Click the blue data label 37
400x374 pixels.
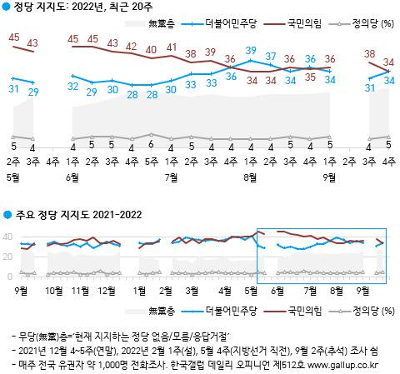[270, 57]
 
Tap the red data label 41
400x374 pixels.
[171, 47]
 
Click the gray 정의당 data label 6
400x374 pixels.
[151, 143]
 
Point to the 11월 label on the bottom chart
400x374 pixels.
[80, 292]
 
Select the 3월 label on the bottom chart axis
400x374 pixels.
[191, 292]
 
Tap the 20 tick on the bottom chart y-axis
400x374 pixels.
[8, 256]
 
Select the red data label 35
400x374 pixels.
[310, 77]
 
